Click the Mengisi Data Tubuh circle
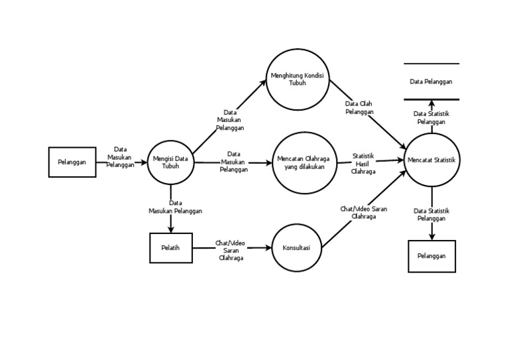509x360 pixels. [x=170, y=162]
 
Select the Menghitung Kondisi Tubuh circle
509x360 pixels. [x=298, y=80]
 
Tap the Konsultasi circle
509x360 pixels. [x=297, y=247]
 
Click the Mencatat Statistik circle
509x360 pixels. [x=431, y=160]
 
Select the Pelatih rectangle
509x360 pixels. [x=171, y=248]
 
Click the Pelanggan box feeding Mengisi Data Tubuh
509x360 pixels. [x=72, y=162]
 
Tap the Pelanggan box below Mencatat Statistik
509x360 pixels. [x=431, y=256]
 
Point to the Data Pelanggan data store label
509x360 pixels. [x=431, y=82]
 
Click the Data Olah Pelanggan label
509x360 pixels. [x=359, y=108]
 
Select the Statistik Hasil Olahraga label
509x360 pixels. [x=364, y=163]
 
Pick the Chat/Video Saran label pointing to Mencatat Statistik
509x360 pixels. [x=364, y=212]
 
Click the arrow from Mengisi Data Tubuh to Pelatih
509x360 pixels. [x=171, y=219]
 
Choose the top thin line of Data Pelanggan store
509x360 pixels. [x=431, y=64]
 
